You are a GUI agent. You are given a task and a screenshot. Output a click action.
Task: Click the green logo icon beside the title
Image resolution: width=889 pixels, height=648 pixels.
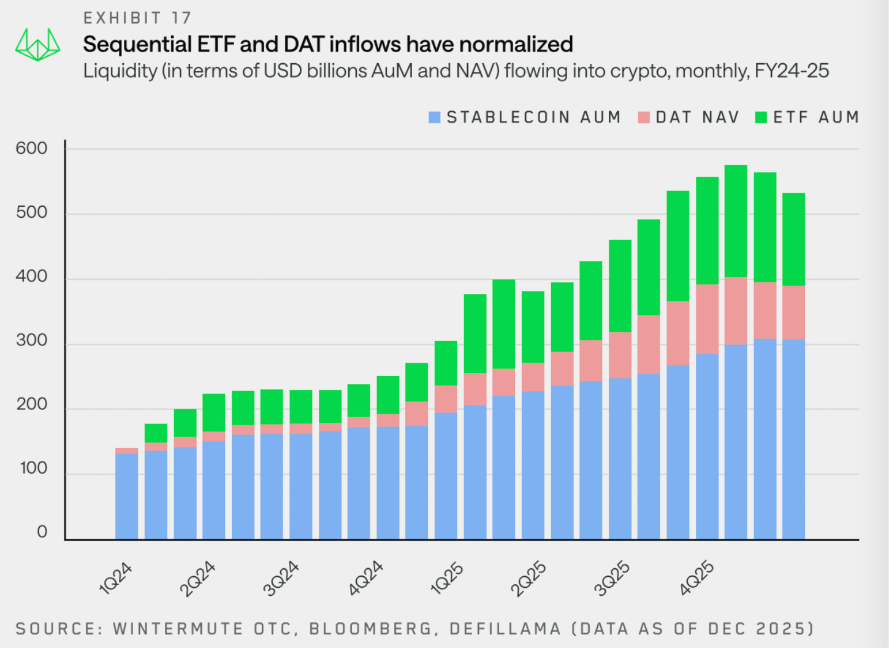tap(37, 45)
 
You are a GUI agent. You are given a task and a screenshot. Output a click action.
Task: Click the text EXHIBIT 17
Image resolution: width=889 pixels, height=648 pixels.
tap(137, 18)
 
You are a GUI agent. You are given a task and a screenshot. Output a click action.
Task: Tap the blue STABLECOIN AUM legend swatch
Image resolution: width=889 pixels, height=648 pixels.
tap(435, 117)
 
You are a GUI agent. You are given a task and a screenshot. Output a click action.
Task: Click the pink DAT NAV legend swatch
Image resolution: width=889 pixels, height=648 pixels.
tap(643, 117)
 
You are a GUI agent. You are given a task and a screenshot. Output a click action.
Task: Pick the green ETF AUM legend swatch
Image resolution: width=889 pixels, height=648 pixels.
tap(761, 117)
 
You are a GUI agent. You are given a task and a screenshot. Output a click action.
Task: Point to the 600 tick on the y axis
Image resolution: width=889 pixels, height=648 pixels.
tap(31, 148)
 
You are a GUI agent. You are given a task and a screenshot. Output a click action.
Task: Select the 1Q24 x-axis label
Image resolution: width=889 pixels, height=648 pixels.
tap(116, 578)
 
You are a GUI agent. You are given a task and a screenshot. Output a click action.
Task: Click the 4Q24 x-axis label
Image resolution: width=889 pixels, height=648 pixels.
tap(365, 578)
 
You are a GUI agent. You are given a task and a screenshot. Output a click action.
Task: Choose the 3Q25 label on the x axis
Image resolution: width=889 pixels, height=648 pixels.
tap(612, 578)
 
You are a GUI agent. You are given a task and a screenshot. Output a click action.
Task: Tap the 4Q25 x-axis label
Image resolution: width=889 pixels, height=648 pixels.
tap(696, 578)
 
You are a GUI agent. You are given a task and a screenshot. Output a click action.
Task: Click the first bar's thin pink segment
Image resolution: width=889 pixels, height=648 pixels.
tap(126, 451)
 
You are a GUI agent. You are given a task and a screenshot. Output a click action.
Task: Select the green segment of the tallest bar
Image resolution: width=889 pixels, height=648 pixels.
tap(736, 221)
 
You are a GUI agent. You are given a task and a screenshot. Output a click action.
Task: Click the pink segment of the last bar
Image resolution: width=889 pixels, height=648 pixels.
tap(793, 312)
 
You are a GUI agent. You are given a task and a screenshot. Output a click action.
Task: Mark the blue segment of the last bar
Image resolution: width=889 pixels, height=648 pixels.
tap(793, 439)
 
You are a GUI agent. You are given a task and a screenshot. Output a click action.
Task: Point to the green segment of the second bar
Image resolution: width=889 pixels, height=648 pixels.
tap(156, 433)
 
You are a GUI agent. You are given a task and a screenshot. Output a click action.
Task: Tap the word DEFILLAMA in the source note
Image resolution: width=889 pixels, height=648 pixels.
tap(505, 629)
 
